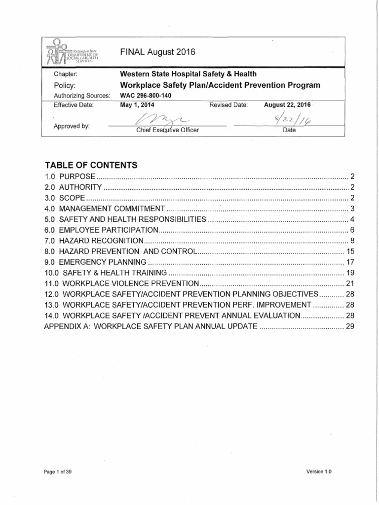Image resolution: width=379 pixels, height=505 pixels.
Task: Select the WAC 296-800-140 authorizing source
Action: (x=146, y=96)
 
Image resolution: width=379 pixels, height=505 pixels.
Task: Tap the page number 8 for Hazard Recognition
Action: (x=352, y=241)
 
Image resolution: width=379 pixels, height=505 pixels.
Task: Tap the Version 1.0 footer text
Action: (x=319, y=471)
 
